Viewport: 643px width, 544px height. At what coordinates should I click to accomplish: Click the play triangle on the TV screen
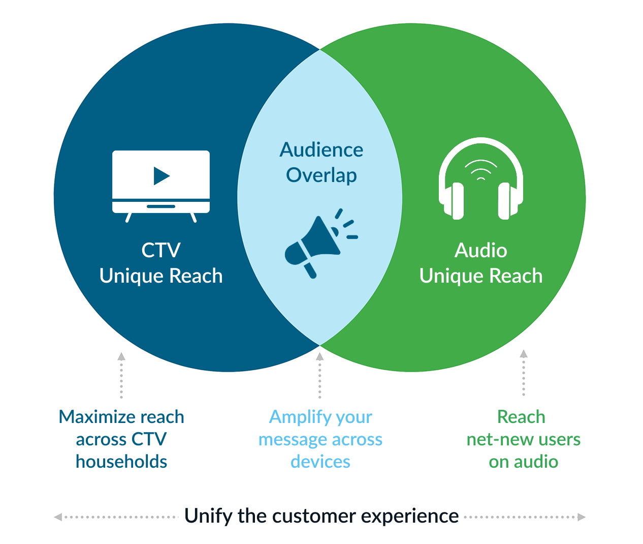pos(161,176)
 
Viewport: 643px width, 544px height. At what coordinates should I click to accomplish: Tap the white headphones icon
pos(481,178)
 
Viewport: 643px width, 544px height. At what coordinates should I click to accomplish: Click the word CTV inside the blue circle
pos(161,250)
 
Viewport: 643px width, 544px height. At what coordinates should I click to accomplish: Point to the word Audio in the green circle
pos(480,250)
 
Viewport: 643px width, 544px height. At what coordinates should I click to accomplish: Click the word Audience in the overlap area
pos(321,150)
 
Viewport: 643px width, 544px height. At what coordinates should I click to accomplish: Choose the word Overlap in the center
pos(321,175)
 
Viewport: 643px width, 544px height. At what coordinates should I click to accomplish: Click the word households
pos(121,462)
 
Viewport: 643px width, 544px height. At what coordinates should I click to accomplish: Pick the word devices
pos(320,462)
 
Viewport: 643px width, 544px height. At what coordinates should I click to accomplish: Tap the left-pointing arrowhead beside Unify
pos(58,517)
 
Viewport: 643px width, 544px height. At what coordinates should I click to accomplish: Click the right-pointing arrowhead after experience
pos(582,517)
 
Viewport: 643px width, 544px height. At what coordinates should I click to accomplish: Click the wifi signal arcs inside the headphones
pos(481,170)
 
